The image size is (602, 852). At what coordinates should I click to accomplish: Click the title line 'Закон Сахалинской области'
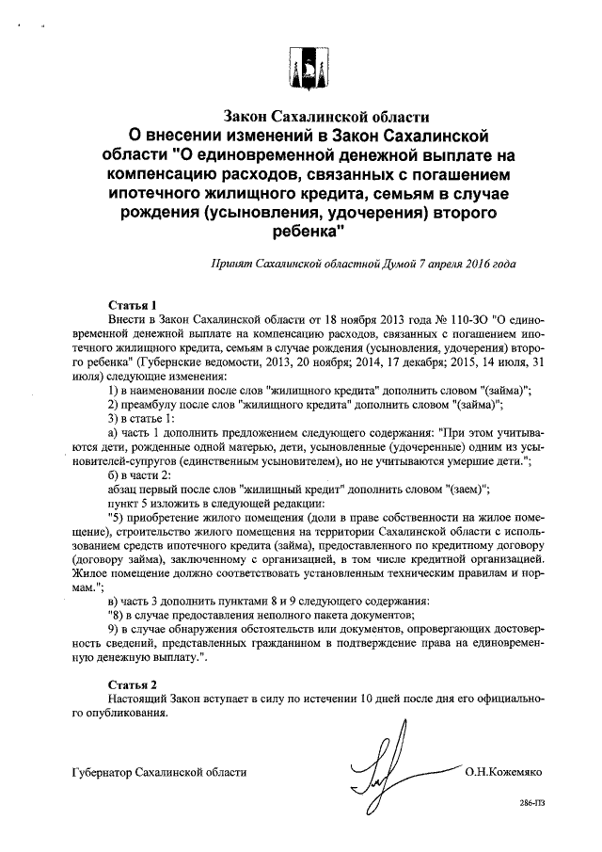click(x=325, y=118)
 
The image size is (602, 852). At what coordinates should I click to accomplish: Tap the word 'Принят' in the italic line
click(x=233, y=265)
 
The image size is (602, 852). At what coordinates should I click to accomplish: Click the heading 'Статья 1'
click(x=133, y=306)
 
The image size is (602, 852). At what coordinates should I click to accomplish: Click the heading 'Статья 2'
click(x=133, y=683)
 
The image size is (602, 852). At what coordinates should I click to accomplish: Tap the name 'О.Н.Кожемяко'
click(x=503, y=772)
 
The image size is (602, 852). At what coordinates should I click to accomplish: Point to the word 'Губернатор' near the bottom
click(x=103, y=772)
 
